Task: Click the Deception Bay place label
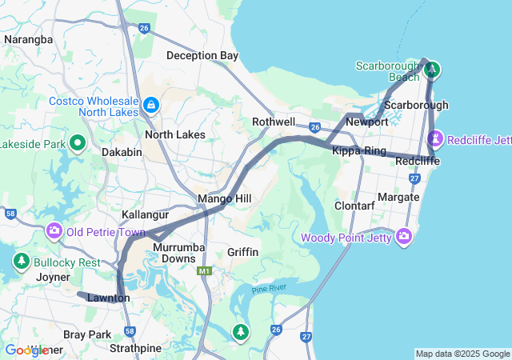tap(202, 55)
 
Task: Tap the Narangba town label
tap(28, 38)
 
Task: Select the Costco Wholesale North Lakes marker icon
tap(150, 105)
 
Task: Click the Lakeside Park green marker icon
tap(78, 144)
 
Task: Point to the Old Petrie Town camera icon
tap(54, 232)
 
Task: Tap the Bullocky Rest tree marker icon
tap(20, 262)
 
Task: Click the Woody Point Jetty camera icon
tap(404, 238)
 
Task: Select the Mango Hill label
tap(226, 198)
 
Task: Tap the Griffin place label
tap(242, 252)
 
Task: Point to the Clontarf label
tap(354, 206)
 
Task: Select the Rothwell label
tap(274, 122)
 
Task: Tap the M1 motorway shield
tap(205, 271)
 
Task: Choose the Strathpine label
tap(135, 348)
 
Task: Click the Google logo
tap(26, 350)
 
